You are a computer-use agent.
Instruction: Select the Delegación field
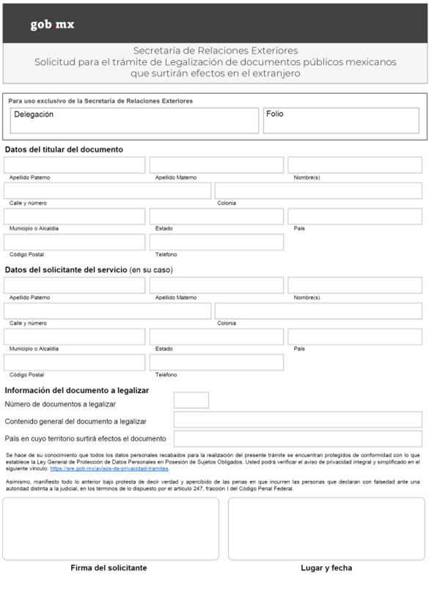point(135,121)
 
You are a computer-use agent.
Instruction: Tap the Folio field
point(341,121)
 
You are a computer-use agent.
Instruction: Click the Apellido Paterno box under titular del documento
point(75,165)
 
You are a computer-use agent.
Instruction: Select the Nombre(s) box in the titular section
point(354,165)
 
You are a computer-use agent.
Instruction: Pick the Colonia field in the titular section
point(318,191)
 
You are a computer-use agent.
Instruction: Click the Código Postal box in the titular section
point(75,242)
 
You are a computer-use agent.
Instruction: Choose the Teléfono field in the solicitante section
point(216,362)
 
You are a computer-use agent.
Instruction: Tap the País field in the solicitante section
point(354,337)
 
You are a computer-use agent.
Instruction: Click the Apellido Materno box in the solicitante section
point(216,286)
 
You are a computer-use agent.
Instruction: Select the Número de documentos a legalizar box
point(191,400)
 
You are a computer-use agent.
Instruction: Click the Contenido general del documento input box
point(298,419)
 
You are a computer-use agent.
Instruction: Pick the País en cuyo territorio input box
point(298,438)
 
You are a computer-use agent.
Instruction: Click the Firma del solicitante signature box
point(111,528)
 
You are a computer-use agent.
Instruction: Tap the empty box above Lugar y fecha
point(326,528)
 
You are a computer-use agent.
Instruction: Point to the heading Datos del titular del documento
point(64,150)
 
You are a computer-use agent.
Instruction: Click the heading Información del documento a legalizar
point(77,390)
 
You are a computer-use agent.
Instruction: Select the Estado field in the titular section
point(216,216)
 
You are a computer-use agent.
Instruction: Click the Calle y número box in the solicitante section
point(107,311)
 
